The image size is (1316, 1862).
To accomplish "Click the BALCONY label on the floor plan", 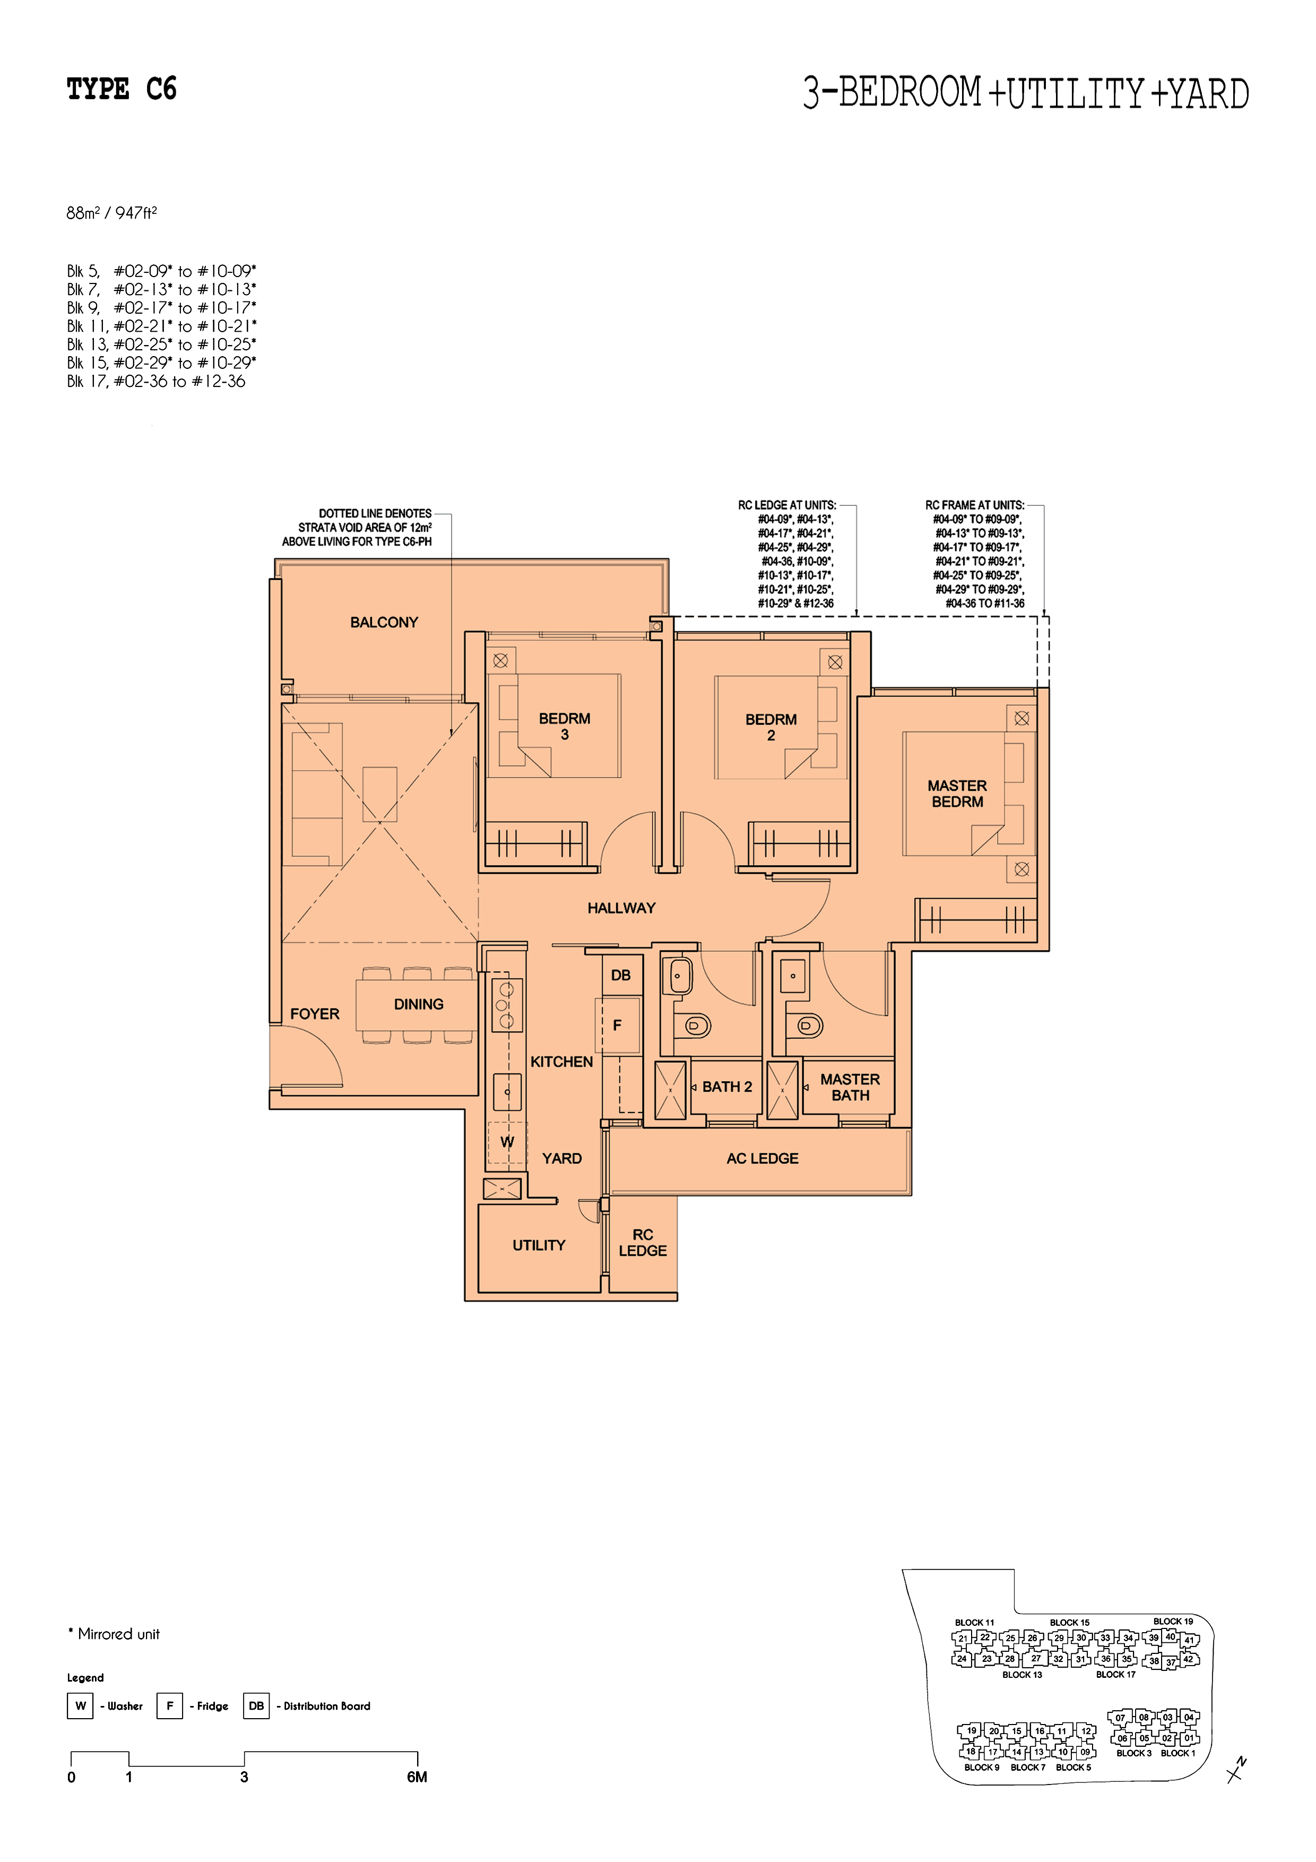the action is click(x=384, y=622).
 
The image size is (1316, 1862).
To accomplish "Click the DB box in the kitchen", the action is click(x=621, y=975).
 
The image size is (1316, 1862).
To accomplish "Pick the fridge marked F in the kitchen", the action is click(x=618, y=1026).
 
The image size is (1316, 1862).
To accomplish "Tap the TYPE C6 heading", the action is click(x=122, y=89).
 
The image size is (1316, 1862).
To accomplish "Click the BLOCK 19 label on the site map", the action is click(x=1173, y=1621).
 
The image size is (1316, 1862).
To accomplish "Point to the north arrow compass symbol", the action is click(x=1236, y=1770).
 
